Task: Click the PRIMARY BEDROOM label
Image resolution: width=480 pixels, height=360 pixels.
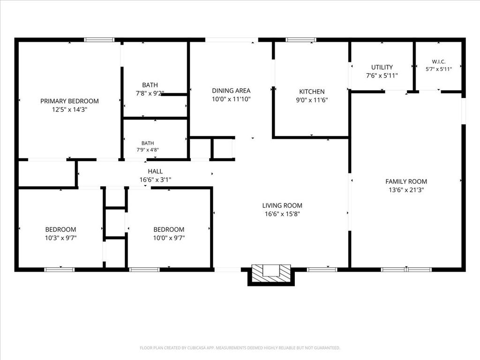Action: click(69, 101)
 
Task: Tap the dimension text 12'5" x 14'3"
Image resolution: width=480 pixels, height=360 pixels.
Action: click(69, 110)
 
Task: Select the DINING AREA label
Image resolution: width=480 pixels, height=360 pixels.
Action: click(231, 90)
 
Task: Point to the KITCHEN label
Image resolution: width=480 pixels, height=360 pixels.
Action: click(312, 91)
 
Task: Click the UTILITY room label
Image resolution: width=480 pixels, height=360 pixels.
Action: click(382, 67)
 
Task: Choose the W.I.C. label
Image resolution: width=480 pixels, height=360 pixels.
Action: click(439, 61)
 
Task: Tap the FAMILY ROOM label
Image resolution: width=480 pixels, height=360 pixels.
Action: click(406, 181)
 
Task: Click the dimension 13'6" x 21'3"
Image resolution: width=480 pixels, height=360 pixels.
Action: click(406, 190)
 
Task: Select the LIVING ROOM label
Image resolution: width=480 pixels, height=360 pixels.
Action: click(282, 205)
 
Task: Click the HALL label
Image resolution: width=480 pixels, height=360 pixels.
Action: click(155, 172)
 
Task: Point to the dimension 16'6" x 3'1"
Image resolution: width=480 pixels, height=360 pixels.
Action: click(155, 180)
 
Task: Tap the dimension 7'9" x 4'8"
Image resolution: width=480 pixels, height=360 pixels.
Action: click(148, 150)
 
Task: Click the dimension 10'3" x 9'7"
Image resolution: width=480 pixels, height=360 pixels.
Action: click(60, 238)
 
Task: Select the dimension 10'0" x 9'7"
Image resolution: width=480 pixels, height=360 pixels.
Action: click(169, 238)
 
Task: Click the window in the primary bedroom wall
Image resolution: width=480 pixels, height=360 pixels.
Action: click(99, 40)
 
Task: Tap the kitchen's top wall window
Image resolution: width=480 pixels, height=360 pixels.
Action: click(301, 40)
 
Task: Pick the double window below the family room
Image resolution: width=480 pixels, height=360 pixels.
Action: click(406, 270)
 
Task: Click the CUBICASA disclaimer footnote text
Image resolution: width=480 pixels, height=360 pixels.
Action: click(240, 348)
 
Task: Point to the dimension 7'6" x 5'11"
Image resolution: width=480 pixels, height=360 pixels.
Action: click(382, 75)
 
